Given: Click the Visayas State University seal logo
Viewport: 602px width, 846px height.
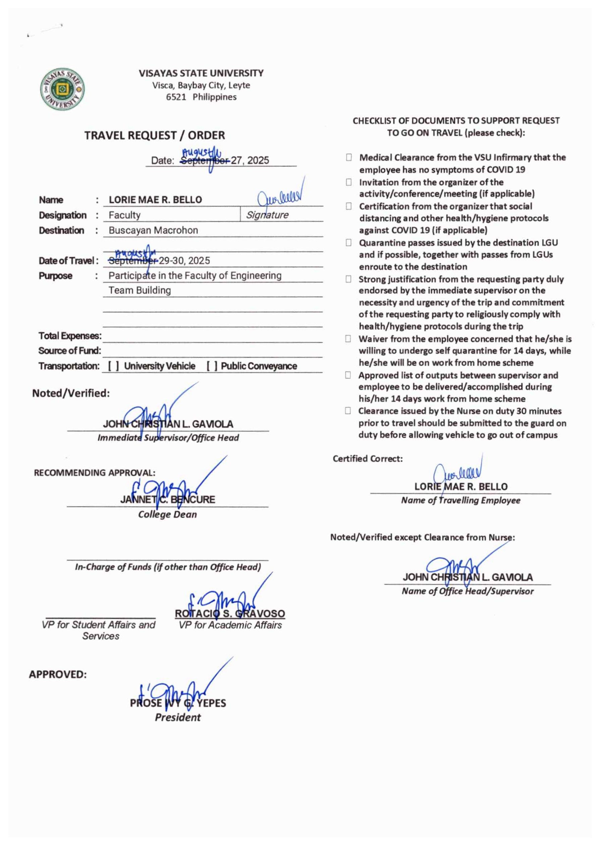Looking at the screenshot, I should pyautogui.click(x=63, y=89).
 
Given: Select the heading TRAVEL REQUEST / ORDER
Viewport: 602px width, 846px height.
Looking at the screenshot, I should pyautogui.click(x=154, y=135).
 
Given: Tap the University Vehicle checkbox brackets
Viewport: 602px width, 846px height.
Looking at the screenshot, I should pyautogui.click(x=113, y=366).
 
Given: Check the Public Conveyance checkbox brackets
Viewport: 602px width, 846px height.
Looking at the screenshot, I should pyautogui.click(x=212, y=366).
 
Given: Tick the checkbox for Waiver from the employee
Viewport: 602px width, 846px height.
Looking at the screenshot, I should pyautogui.click(x=348, y=339).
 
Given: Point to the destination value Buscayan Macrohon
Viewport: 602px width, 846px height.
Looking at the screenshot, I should pyautogui.click(x=153, y=230).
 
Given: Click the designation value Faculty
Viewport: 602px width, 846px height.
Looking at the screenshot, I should pyautogui.click(x=124, y=215).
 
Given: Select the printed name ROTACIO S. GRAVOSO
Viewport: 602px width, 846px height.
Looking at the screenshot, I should pyautogui.click(x=230, y=613).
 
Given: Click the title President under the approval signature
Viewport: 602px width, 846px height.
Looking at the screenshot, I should pyautogui.click(x=178, y=717).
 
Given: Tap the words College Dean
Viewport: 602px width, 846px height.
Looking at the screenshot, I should pyautogui.click(x=167, y=514).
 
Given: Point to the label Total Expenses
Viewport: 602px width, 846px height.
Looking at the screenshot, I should pyautogui.click(x=70, y=336).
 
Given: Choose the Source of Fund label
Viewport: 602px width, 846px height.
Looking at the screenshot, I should pyautogui.click(x=69, y=350).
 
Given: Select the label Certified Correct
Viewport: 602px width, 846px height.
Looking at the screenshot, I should pyautogui.click(x=367, y=459).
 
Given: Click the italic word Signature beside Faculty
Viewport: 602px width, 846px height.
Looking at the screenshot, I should pyautogui.click(x=267, y=215).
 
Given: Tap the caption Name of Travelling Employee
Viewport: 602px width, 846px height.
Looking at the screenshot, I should pyautogui.click(x=460, y=500).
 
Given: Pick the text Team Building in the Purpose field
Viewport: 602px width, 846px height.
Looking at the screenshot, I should pyautogui.click(x=139, y=290).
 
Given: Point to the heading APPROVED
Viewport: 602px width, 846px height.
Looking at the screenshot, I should pyautogui.click(x=58, y=674).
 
